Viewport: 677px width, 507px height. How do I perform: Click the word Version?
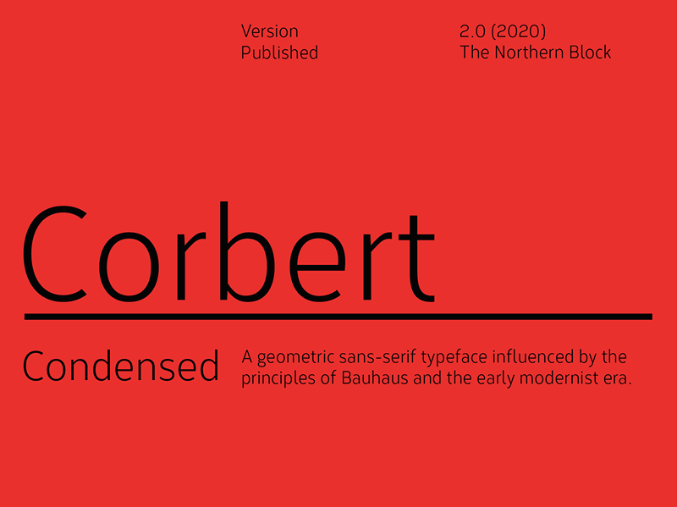pos(269,31)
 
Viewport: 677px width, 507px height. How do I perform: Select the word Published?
pos(279,52)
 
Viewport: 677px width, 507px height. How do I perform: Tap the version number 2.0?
pos(472,31)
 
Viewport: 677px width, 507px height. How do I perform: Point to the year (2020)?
pos(518,31)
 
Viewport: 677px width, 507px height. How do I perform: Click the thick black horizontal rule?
pos(338,317)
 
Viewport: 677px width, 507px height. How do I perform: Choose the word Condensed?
pos(121,367)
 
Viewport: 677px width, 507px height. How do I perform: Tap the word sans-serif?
pos(372,357)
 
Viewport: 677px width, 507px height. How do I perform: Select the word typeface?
pos(448,358)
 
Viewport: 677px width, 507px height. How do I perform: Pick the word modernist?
pos(560,377)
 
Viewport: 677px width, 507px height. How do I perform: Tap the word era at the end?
pos(618,379)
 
